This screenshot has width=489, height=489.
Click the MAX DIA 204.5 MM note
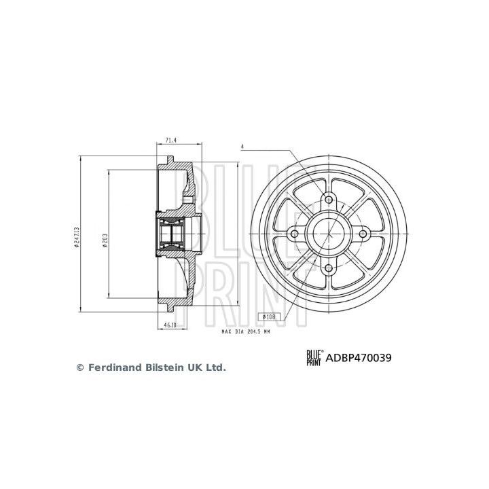tap(245, 332)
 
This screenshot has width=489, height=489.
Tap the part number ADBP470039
tap(361, 358)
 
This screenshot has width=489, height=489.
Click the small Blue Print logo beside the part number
tap(313, 358)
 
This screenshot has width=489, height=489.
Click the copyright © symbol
tap(79, 367)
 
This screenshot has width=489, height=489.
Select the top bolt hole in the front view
tap(329, 199)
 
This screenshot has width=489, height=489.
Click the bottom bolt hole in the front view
tap(329, 268)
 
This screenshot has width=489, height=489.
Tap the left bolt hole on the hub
tap(294, 234)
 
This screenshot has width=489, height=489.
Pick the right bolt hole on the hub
tap(363, 234)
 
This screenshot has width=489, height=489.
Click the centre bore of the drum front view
tap(329, 234)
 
